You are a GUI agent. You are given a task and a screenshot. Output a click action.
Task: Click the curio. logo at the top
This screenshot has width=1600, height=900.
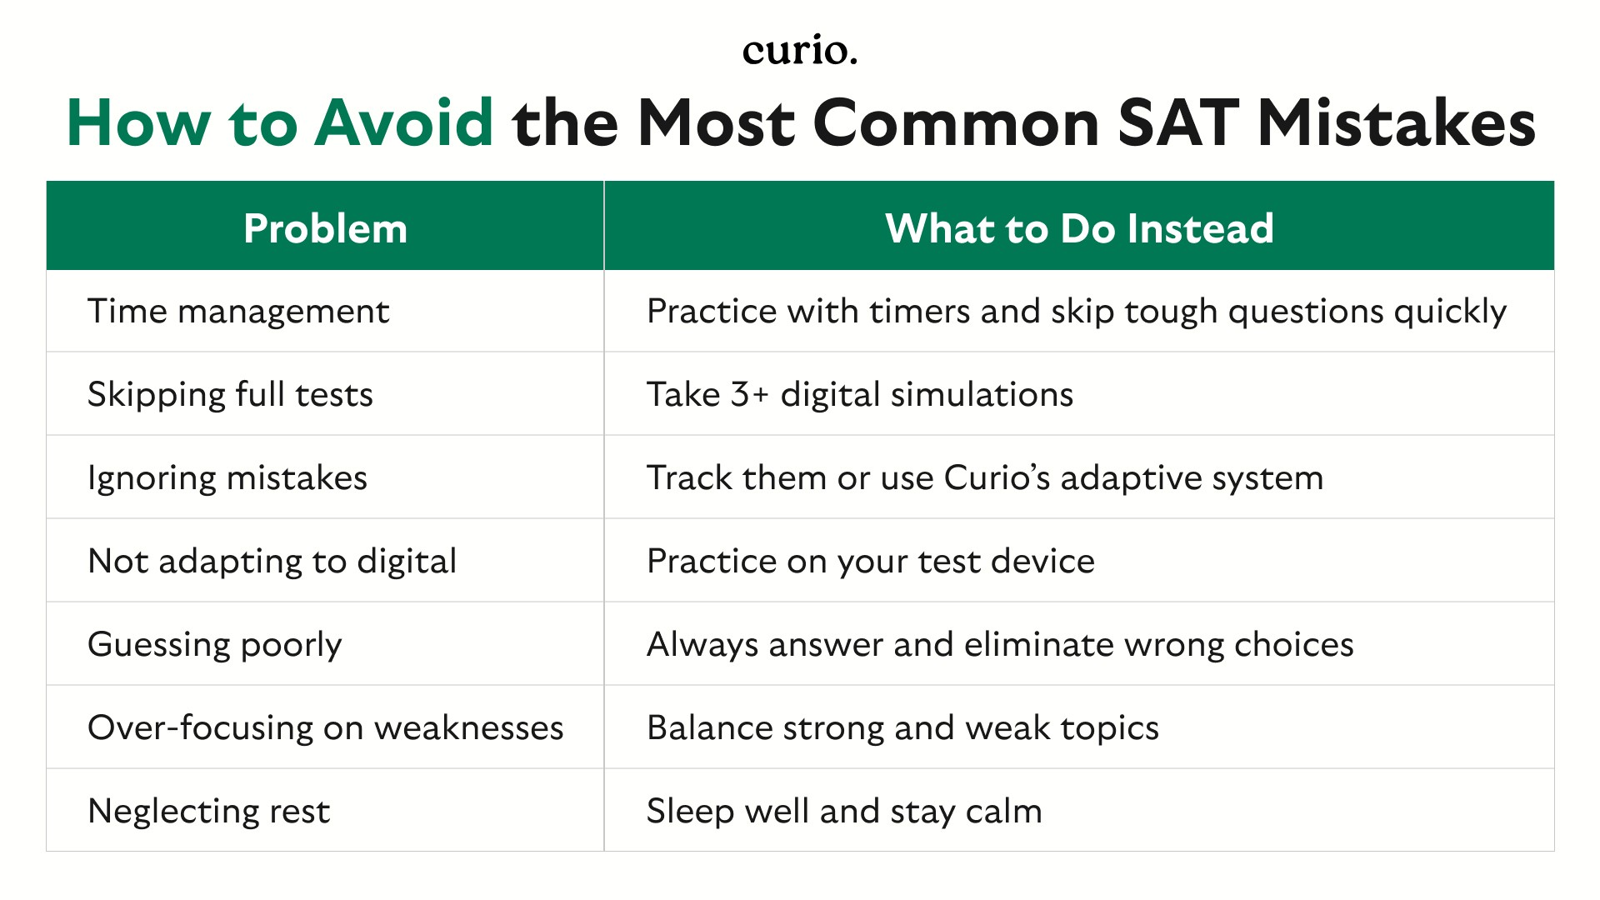point(799,51)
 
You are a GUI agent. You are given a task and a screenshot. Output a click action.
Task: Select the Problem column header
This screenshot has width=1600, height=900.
point(325,228)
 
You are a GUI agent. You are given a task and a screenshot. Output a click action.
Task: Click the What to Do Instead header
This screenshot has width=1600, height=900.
point(1079,228)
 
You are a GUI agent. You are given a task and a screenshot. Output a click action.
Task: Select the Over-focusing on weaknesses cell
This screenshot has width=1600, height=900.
point(326,727)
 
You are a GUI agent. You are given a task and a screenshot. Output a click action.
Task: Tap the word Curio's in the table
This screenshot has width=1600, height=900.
point(997,477)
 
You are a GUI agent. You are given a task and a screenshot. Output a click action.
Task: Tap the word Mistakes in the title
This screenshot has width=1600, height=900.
point(1396,123)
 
